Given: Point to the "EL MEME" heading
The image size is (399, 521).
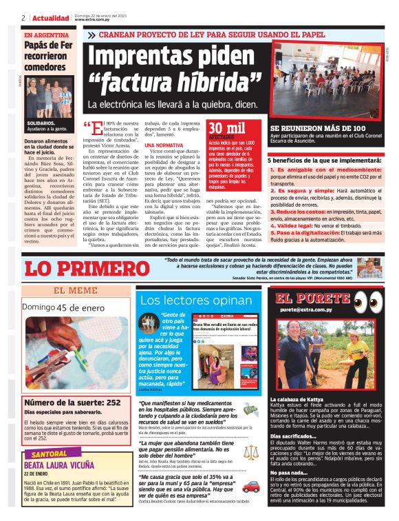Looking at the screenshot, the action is click(x=75, y=290).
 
